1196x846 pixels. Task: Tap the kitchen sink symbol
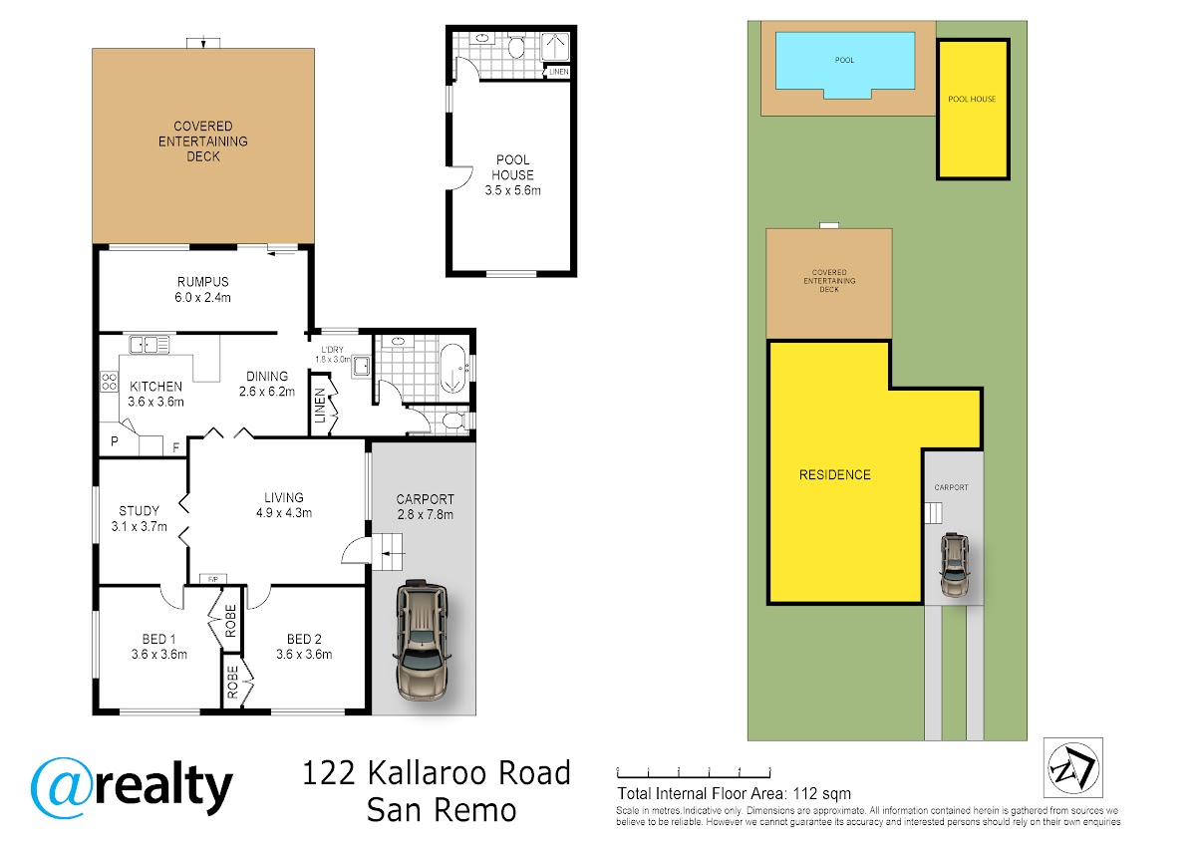click(x=149, y=345)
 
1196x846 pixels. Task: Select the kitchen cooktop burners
click(x=109, y=382)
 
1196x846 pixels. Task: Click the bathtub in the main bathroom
click(x=452, y=369)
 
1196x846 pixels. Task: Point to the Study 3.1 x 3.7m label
click(x=139, y=519)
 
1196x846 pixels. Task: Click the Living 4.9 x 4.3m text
click(x=284, y=505)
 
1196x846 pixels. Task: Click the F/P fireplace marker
click(x=213, y=579)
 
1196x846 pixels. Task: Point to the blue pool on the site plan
click(x=845, y=64)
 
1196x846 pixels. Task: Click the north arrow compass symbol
click(x=1073, y=768)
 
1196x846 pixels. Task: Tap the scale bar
click(x=694, y=772)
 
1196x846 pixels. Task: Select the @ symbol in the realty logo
click(x=61, y=787)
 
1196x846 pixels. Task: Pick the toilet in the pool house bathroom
click(x=516, y=47)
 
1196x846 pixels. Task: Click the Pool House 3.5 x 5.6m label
click(x=512, y=175)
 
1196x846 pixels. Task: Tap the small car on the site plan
click(x=955, y=565)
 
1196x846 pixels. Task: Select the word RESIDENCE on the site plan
click(x=834, y=474)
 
